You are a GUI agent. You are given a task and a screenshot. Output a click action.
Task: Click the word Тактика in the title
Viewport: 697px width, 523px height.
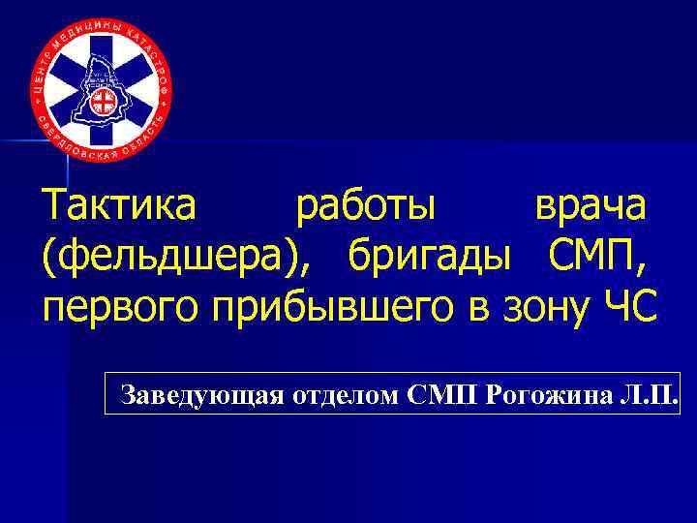[x=119, y=205]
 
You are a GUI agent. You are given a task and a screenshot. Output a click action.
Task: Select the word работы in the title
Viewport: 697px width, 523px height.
[x=366, y=207]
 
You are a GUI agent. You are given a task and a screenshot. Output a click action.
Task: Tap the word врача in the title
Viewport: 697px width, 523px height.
[x=593, y=207]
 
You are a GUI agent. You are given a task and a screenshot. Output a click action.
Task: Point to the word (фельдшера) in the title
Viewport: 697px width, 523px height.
[x=184, y=257]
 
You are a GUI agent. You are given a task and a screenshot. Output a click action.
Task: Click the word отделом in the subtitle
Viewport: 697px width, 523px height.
[x=343, y=395]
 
